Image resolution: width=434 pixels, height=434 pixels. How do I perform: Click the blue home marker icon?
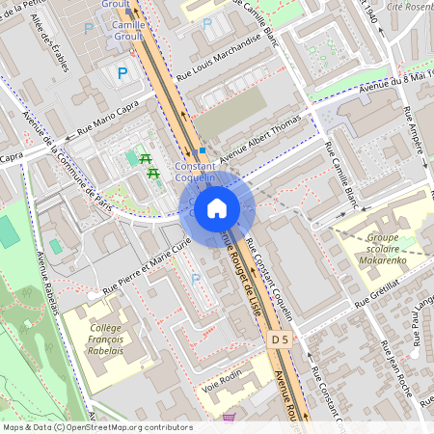(217, 208)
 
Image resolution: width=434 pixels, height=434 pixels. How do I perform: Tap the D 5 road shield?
(280, 339)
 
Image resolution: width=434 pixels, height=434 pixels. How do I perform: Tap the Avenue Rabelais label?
(48, 283)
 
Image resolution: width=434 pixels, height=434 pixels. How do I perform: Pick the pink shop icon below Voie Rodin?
(229, 418)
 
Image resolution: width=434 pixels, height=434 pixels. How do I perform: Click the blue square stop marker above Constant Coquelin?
(202, 151)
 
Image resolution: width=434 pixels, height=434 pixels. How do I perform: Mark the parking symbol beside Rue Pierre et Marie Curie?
(197, 279)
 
